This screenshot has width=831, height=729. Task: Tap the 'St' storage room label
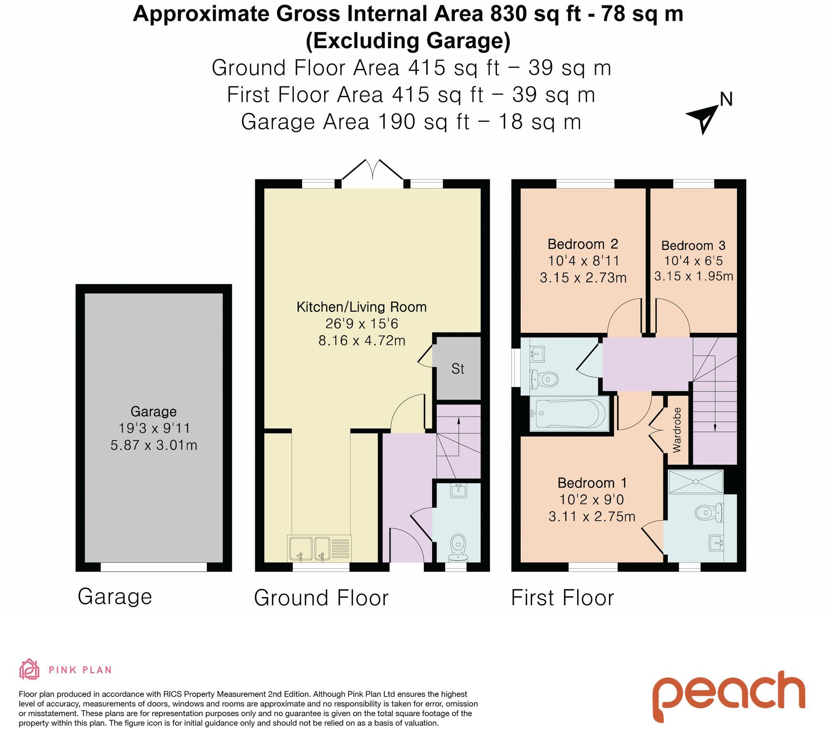457,369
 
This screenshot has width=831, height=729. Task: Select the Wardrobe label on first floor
677,430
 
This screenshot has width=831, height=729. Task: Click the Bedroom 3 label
693,245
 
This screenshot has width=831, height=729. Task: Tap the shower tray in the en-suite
695,481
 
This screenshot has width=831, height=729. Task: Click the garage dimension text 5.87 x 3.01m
154,445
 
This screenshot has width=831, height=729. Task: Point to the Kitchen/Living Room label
361,307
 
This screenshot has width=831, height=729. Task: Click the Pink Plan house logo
30,670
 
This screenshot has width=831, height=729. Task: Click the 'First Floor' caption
562,598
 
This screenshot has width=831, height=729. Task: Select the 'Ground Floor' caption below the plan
321,598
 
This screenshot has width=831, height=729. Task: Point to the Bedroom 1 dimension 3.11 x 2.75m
592,517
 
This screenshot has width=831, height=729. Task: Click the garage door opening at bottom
154,567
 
